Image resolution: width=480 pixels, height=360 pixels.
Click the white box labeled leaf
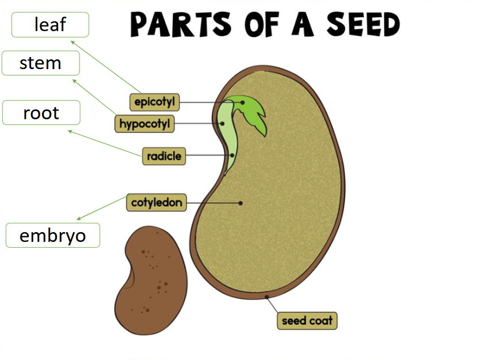[x=50, y=25]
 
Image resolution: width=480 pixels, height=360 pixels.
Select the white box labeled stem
[x=40, y=63]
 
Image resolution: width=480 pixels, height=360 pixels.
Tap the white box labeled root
[x=41, y=112]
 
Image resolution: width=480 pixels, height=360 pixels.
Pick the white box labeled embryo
[x=52, y=236]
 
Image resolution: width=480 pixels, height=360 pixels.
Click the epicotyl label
[x=154, y=102]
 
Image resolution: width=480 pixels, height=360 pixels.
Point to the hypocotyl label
[x=145, y=123]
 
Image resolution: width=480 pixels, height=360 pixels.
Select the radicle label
[x=164, y=156]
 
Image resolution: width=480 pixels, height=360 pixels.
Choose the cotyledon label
[x=157, y=202]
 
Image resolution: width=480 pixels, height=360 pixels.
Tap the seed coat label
[x=306, y=320]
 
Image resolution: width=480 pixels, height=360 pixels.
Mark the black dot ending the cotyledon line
[x=241, y=203]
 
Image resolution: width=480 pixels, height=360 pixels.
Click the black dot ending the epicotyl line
[x=243, y=103]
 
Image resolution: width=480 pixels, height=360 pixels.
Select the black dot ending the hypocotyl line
[x=222, y=123]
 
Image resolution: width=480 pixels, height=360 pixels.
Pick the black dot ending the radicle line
[x=232, y=156]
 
